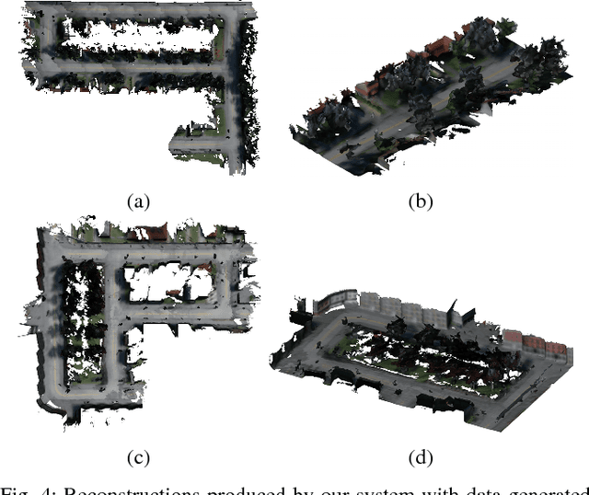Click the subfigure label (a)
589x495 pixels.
[x=139, y=201]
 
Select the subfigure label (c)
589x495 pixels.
[x=139, y=455]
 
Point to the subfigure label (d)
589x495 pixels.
[x=420, y=455]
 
